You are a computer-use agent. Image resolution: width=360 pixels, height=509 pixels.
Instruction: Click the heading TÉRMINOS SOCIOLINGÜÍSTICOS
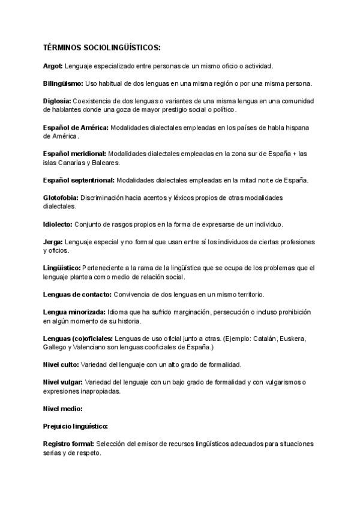pyautogui.click(x=101, y=47)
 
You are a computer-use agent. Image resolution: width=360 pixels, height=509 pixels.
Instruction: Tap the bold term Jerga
pyautogui.click(x=53, y=242)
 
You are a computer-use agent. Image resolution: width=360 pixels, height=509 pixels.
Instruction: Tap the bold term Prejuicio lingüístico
pyautogui.click(x=75, y=426)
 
